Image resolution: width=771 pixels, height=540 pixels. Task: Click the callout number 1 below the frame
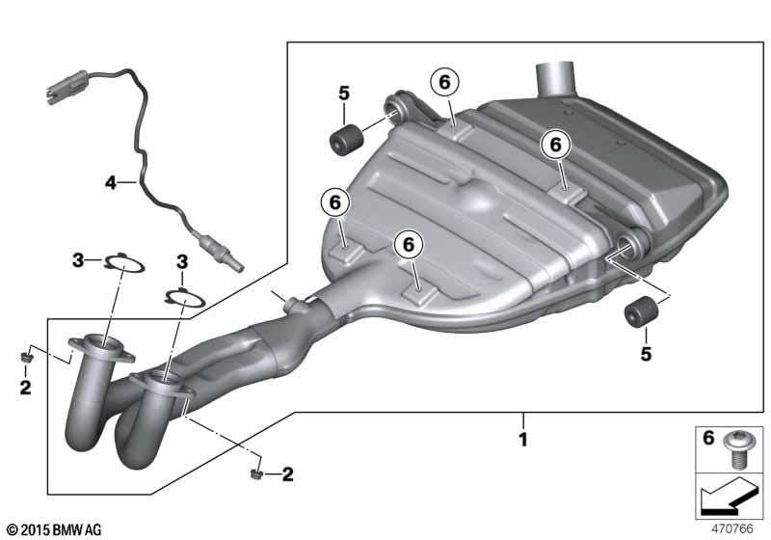[523, 439]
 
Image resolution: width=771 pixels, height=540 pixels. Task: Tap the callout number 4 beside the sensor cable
[111, 183]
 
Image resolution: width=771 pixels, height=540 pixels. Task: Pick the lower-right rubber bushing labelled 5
[641, 311]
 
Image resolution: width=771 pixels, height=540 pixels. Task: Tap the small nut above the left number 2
[24, 356]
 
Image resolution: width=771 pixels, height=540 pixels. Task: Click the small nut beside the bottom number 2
[255, 474]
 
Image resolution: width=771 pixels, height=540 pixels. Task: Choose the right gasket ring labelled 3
[185, 297]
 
